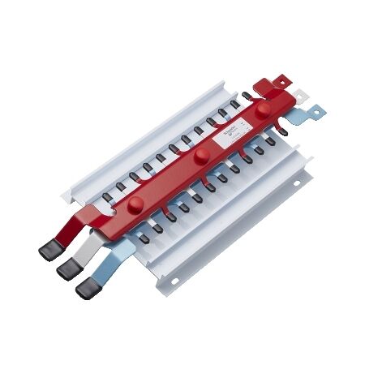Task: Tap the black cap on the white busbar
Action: click(x=67, y=270)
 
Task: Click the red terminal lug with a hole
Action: click(x=279, y=81)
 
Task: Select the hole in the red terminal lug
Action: click(x=284, y=80)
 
